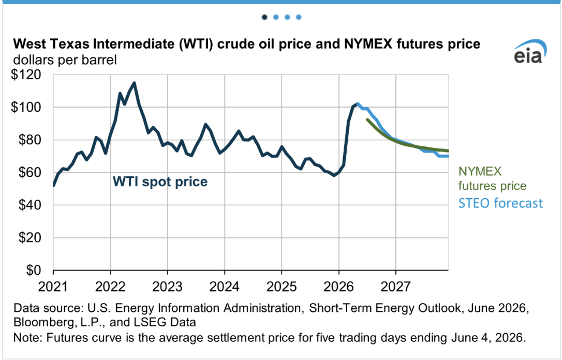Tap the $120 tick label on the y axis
(x=26, y=75)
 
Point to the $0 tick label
(x=34, y=270)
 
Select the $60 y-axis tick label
(x=30, y=173)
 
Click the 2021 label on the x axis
(x=53, y=287)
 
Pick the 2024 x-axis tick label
(x=225, y=287)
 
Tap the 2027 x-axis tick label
(x=396, y=287)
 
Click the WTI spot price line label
(x=160, y=182)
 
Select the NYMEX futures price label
(x=492, y=178)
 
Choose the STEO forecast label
(x=501, y=203)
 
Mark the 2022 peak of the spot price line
(x=134, y=83)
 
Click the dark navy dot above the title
(x=264, y=17)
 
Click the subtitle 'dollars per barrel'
(x=65, y=59)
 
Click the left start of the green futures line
(x=367, y=119)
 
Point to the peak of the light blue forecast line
(x=358, y=104)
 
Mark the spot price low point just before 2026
(x=334, y=175)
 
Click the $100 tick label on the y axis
(x=26, y=108)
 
